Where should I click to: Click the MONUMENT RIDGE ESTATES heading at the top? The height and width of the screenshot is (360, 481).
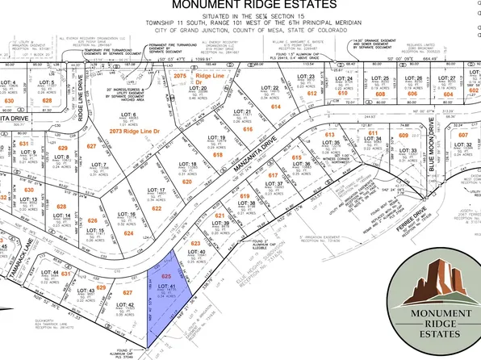coord(240,9)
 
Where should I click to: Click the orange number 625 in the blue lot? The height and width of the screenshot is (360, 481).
coord(167,277)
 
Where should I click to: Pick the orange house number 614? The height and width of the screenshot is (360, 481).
coord(275,107)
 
